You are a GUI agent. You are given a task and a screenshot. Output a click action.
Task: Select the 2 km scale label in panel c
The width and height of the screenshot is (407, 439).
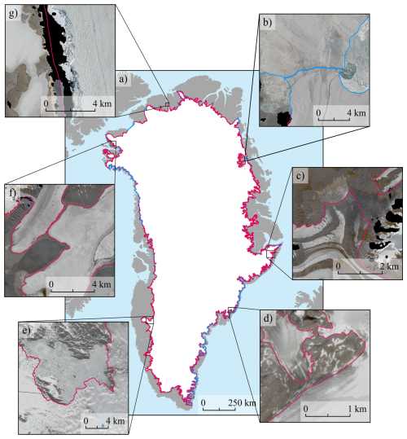pyautogui.click(x=389, y=266)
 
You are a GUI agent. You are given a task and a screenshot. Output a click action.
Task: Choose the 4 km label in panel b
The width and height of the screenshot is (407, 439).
pyautogui.click(x=355, y=111)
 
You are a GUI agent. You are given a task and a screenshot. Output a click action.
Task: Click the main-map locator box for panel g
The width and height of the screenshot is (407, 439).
pyautogui.click(x=168, y=104)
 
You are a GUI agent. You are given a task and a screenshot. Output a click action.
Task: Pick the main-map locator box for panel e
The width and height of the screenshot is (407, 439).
pyautogui.click(x=147, y=320)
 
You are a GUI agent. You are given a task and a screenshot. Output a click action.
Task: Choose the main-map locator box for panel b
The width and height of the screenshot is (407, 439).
pyautogui.click(x=241, y=158)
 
